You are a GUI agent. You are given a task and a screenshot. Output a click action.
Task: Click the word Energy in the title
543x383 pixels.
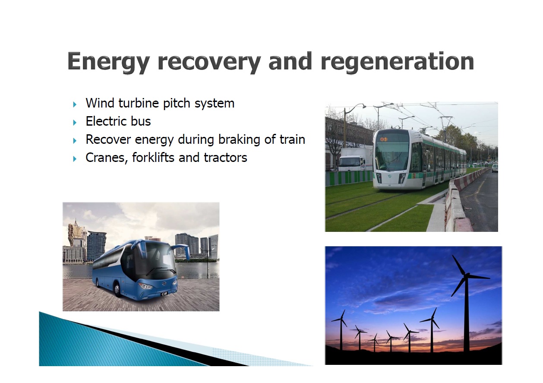(x=108, y=62)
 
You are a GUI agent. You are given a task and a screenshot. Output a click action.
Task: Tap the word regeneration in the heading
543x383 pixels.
(x=398, y=62)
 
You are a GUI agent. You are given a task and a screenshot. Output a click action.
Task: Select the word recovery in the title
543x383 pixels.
(x=209, y=62)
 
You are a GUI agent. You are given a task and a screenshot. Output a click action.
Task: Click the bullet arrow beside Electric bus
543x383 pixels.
(x=75, y=123)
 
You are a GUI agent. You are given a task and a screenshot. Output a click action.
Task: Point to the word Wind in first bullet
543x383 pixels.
(x=100, y=103)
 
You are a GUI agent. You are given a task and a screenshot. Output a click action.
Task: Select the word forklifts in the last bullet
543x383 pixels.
(x=153, y=158)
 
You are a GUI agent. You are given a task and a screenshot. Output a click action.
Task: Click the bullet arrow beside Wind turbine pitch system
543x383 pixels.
(x=75, y=104)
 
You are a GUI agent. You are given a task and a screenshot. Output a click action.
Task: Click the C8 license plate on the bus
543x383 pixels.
(x=164, y=294)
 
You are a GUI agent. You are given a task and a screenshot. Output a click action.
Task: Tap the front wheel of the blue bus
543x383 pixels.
(x=117, y=290)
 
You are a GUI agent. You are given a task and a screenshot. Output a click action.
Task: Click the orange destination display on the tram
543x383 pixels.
(x=383, y=139)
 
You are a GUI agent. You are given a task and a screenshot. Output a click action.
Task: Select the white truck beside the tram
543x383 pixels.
(x=355, y=159)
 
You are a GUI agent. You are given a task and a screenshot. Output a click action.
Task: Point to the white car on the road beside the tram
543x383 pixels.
(x=495, y=168)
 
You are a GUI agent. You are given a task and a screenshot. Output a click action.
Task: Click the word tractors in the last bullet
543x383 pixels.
(x=225, y=158)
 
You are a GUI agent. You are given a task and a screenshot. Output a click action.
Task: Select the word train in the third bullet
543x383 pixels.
(x=292, y=139)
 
